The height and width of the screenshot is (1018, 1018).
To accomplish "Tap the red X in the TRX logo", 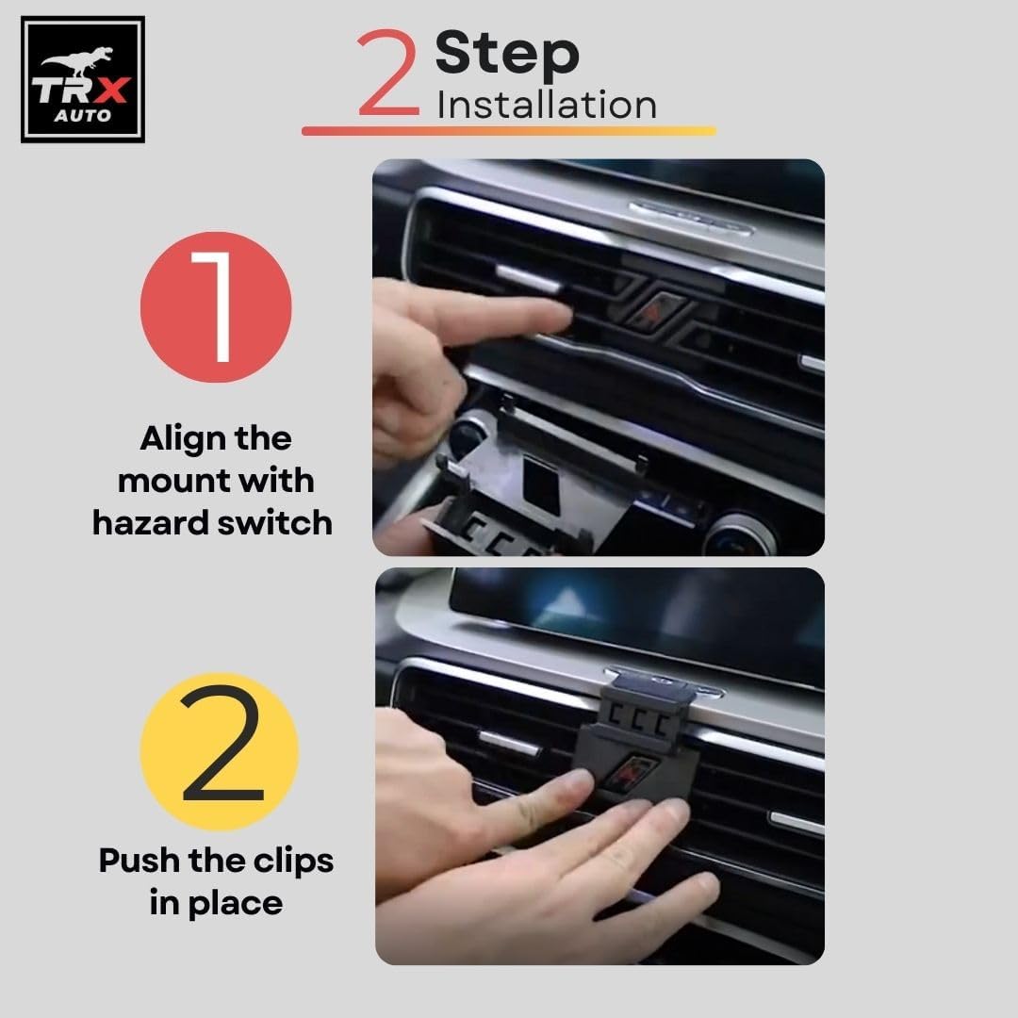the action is pyautogui.click(x=111, y=90).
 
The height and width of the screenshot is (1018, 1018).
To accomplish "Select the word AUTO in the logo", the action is pyautogui.click(x=82, y=116).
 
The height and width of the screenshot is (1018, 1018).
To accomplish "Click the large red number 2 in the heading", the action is pyautogui.click(x=387, y=72).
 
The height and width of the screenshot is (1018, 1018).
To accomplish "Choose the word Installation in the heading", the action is pyautogui.click(x=547, y=106).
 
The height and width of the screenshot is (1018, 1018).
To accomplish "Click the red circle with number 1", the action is pyautogui.click(x=216, y=306).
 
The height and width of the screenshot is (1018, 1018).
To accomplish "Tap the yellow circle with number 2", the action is pyautogui.click(x=220, y=751).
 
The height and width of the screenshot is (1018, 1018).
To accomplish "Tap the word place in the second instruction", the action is pyautogui.click(x=236, y=905).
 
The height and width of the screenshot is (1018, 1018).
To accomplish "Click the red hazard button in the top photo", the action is pyautogui.click(x=653, y=313).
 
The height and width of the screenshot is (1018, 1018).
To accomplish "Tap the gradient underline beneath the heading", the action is pyautogui.click(x=509, y=130).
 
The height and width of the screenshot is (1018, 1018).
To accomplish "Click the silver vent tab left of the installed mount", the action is pyautogui.click(x=510, y=742).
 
